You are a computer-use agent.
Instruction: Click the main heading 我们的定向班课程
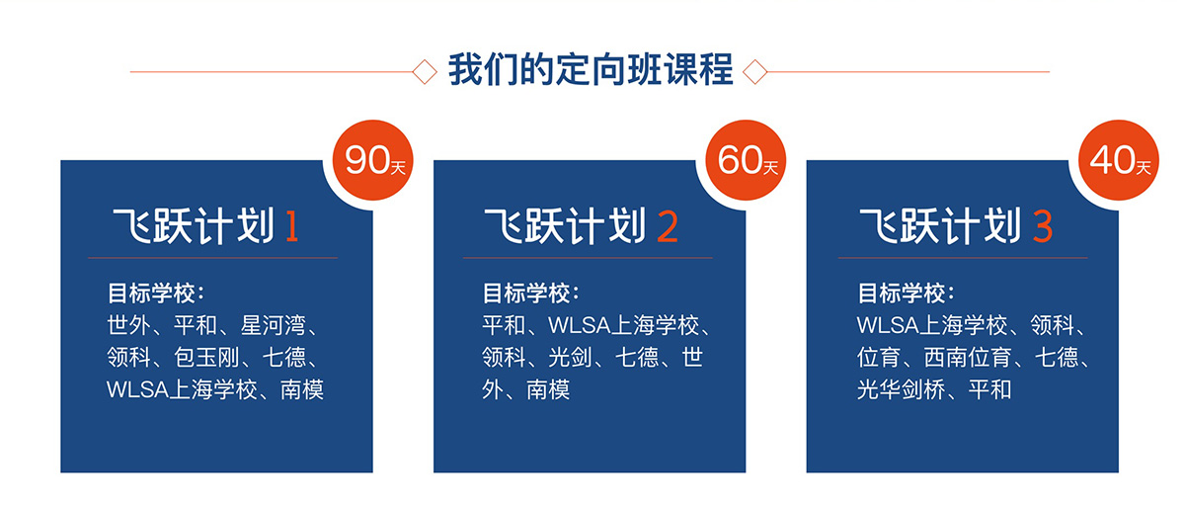[591, 70]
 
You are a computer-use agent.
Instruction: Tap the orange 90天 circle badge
[373, 160]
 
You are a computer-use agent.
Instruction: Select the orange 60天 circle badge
[746, 160]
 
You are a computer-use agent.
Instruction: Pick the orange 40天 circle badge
[1119, 160]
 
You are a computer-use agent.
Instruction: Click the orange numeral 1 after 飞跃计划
[291, 226]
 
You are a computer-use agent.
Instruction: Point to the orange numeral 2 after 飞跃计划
[668, 226]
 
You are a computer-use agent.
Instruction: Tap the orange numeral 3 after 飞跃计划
[1043, 226]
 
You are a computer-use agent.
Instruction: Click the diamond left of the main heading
[425, 71]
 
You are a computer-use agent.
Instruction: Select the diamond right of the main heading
[754, 71]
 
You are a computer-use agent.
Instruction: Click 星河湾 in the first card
[274, 325]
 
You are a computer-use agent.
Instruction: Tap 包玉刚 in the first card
[206, 357]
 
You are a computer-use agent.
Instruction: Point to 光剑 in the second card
[571, 357]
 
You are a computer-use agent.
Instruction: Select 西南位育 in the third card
[968, 357]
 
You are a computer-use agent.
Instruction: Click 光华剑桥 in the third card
[901, 389]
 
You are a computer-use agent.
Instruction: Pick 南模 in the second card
[548, 389]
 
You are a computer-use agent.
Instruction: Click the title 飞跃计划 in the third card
[940, 226]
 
